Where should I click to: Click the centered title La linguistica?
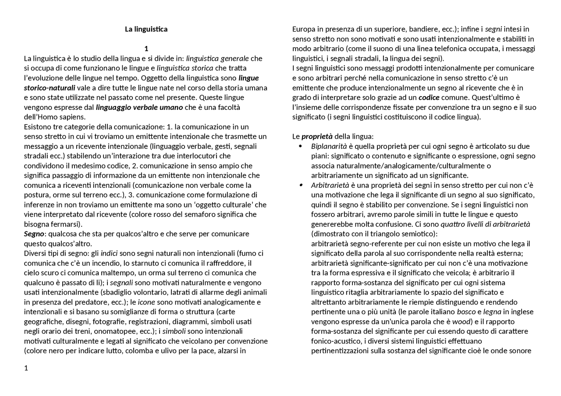[x=146, y=29]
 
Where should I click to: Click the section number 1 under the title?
[x=146, y=49]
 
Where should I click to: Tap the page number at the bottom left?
[x=26, y=368]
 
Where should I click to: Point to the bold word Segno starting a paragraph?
[x=34, y=234]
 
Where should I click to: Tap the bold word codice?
[x=429, y=98]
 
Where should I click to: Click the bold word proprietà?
[x=317, y=137]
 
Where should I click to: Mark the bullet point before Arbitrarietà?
[x=301, y=185]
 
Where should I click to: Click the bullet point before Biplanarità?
[x=301, y=146]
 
